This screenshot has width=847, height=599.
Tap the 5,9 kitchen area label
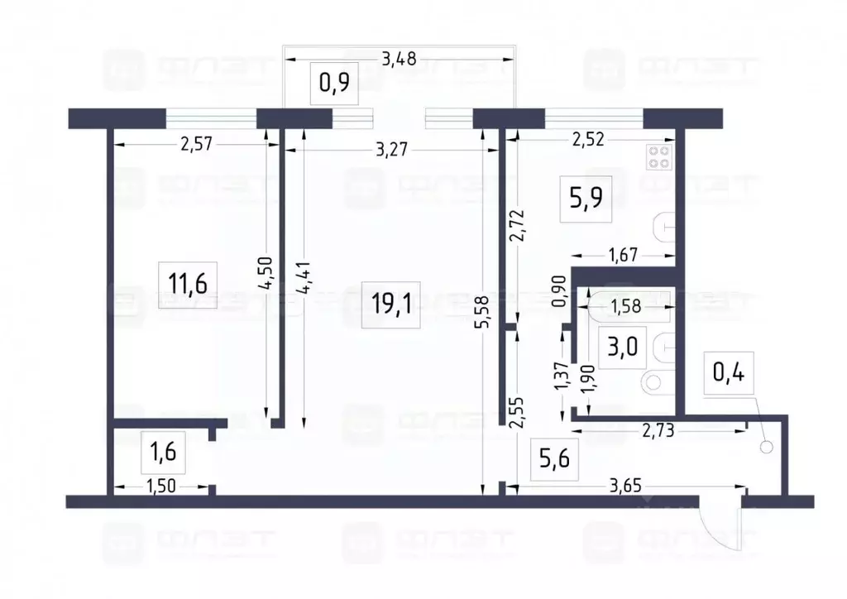586,198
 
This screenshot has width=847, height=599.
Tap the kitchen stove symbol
660,157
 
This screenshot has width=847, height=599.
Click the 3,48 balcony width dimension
398,59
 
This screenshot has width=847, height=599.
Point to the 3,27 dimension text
391,150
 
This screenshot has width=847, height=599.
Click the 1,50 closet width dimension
162,487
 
